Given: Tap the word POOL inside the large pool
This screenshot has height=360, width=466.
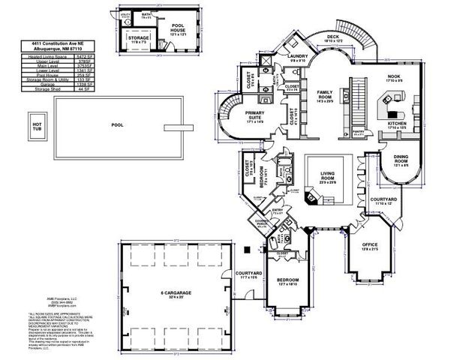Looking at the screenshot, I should point(116,125).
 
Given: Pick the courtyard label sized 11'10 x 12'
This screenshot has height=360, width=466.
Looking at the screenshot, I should point(383,202).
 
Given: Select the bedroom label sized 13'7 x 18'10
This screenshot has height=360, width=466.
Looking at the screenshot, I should point(287,281).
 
